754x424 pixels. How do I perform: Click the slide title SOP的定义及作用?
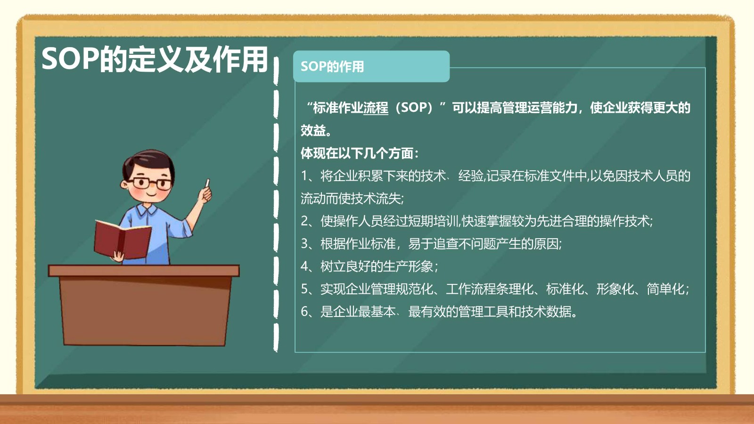pyautogui.click(x=155, y=59)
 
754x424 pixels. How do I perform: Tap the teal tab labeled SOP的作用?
pyautogui.click(x=371, y=67)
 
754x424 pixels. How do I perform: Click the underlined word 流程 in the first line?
pyautogui.click(x=376, y=108)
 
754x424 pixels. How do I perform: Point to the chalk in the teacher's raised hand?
pyautogui.click(x=207, y=183)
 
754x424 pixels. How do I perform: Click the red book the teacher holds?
pyautogui.click(x=123, y=240)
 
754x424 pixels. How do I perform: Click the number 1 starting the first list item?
pyautogui.click(x=304, y=176)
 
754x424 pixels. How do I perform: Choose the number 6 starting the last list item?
pyautogui.click(x=304, y=312)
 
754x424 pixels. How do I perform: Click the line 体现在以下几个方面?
pyautogui.click(x=359, y=154)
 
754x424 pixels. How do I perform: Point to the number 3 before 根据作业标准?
pyautogui.click(x=304, y=244)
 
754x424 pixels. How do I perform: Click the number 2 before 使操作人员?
pyautogui.click(x=304, y=221)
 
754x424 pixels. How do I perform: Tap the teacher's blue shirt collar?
pyautogui.click(x=147, y=210)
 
